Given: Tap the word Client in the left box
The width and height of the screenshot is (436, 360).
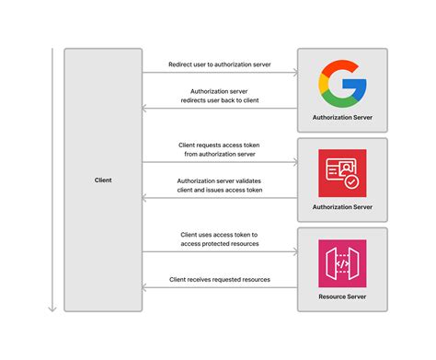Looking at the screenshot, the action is (x=103, y=180).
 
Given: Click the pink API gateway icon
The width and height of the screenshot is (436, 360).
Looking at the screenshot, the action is (x=341, y=262).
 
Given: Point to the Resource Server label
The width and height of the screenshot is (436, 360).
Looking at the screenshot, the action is (x=341, y=297).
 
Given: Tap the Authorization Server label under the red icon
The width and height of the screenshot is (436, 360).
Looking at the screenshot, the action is (x=341, y=208).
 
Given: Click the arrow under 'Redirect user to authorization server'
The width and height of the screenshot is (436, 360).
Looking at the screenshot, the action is (x=221, y=73).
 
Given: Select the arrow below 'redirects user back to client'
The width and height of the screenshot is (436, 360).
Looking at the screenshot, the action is (x=221, y=109).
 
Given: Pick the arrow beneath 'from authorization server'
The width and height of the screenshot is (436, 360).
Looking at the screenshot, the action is (x=221, y=162).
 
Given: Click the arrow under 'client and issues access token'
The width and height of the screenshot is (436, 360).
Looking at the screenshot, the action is (x=221, y=198).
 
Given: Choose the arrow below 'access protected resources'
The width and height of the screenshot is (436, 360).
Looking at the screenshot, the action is (x=221, y=251).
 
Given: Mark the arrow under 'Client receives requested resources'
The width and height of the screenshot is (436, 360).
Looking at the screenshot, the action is (x=221, y=287).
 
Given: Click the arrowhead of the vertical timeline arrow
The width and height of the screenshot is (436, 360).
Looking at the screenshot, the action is (x=52, y=308).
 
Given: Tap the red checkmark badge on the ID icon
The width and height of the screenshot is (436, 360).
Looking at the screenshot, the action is (x=352, y=182).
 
